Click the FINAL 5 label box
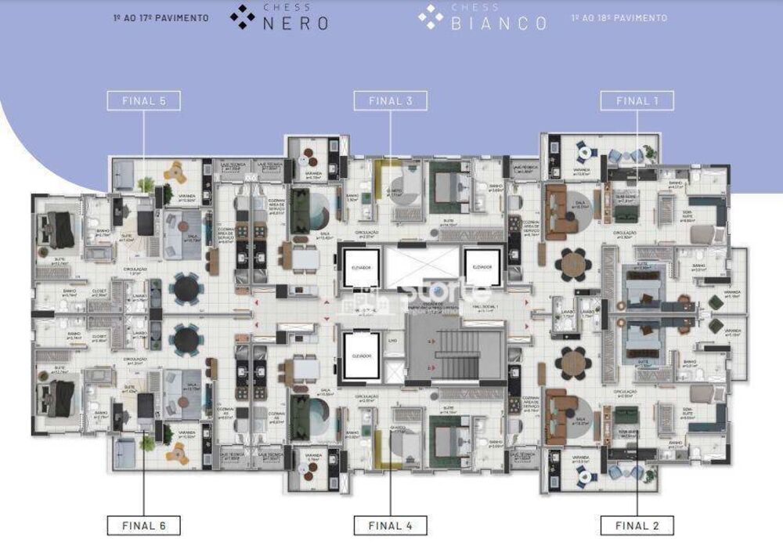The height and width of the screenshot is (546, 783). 144,100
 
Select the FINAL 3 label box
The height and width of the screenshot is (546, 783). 390,100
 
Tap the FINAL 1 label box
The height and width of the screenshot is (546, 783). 637,100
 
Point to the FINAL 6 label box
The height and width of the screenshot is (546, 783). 144,525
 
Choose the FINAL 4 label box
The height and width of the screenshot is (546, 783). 390,525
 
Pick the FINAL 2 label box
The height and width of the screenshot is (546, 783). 637,525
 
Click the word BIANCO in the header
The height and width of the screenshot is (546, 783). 499,23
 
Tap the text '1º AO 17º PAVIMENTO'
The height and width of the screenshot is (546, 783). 161,17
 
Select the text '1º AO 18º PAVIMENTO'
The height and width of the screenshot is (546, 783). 619,17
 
